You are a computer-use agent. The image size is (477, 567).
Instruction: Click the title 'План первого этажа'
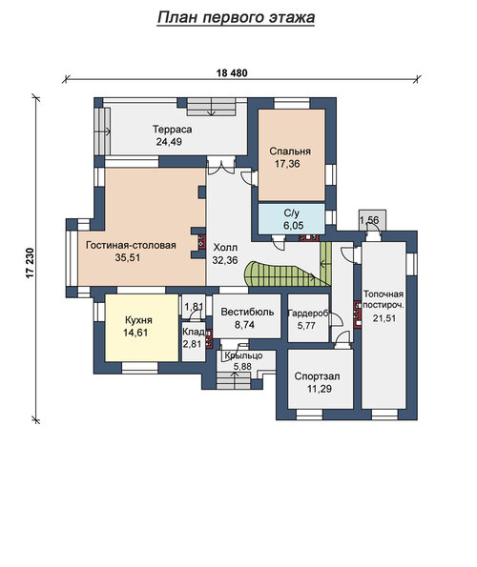(x=236, y=17)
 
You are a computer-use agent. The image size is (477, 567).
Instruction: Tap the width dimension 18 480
(x=232, y=73)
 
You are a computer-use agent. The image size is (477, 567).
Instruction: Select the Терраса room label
(x=172, y=129)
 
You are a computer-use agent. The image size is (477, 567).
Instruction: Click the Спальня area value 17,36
(x=287, y=164)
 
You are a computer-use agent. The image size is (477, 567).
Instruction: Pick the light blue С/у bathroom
(x=291, y=218)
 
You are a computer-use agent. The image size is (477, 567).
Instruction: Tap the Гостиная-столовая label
(x=131, y=245)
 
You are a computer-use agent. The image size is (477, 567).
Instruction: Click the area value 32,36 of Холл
(x=225, y=260)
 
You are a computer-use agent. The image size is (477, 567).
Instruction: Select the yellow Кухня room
(x=141, y=328)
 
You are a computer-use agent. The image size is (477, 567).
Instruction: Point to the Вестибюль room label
(x=247, y=312)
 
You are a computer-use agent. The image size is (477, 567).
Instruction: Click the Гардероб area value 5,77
(x=306, y=326)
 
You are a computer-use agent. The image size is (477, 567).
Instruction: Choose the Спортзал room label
(x=317, y=376)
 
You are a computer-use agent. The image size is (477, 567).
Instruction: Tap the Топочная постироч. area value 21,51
(x=384, y=318)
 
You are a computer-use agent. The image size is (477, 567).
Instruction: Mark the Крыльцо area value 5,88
(x=242, y=367)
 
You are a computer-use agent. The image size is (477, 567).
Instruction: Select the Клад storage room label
(x=194, y=332)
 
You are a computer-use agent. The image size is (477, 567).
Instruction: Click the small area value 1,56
(x=369, y=219)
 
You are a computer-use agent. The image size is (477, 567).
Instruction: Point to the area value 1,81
(x=194, y=306)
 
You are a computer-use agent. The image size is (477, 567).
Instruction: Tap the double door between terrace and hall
(x=221, y=166)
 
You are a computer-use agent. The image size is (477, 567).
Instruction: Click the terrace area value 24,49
(x=169, y=141)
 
